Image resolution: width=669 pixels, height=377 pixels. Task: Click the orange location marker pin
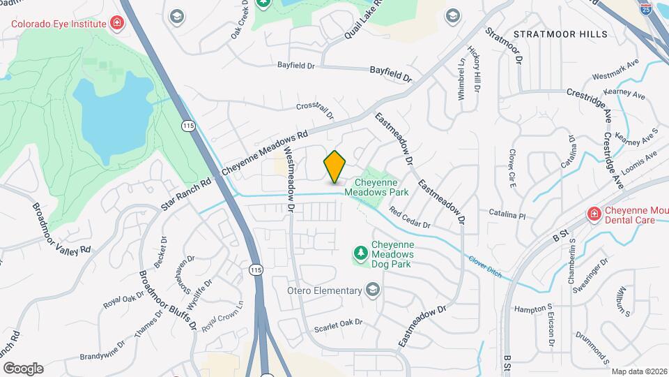tap(335, 166)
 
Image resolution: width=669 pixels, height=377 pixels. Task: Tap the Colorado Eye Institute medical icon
tap(116, 24)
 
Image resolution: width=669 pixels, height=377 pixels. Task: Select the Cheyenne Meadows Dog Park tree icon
tap(360, 252)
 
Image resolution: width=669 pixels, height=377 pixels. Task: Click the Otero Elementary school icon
tap(374, 290)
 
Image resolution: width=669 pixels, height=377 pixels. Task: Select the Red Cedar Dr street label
tap(410, 219)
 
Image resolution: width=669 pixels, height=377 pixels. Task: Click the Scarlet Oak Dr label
tap(339, 323)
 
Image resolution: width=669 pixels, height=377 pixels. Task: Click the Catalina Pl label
tap(507, 216)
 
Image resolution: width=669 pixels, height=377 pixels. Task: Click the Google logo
tap(23, 368)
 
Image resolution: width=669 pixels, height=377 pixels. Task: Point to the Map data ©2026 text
tap(639, 371)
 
